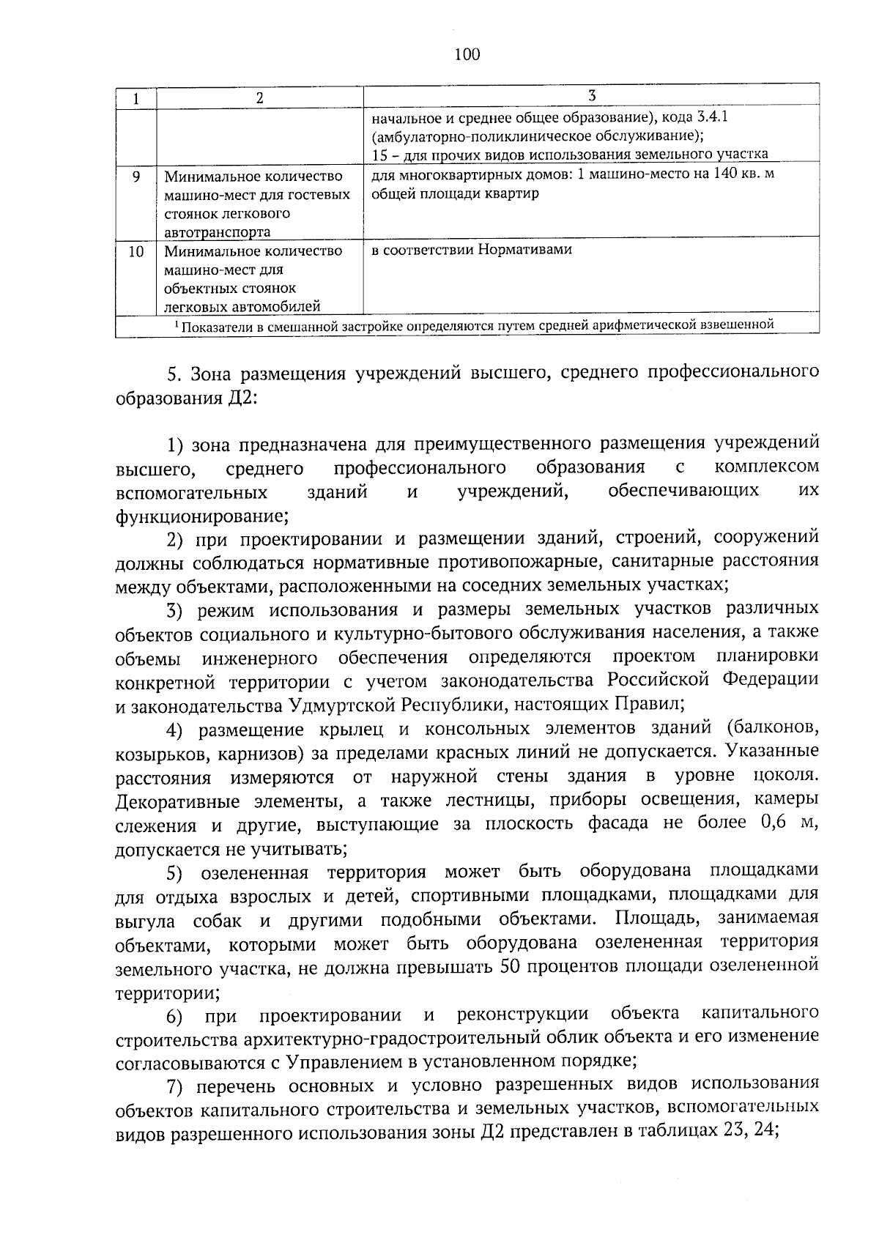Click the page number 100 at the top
tap(467, 54)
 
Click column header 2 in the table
tap(259, 98)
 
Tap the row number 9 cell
tap(136, 177)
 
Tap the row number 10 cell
tap(136, 251)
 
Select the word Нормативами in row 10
tap(525, 249)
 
